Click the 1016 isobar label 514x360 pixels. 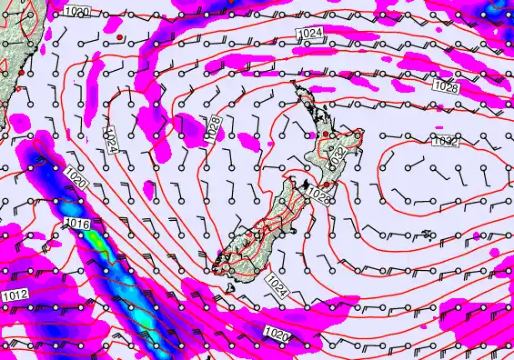[76, 224]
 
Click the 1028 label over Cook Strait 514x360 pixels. [317, 194]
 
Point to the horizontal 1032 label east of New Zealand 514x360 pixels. [445, 141]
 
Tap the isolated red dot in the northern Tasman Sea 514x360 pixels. [119, 37]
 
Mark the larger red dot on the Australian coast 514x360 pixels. [20, 72]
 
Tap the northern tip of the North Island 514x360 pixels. [296, 85]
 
